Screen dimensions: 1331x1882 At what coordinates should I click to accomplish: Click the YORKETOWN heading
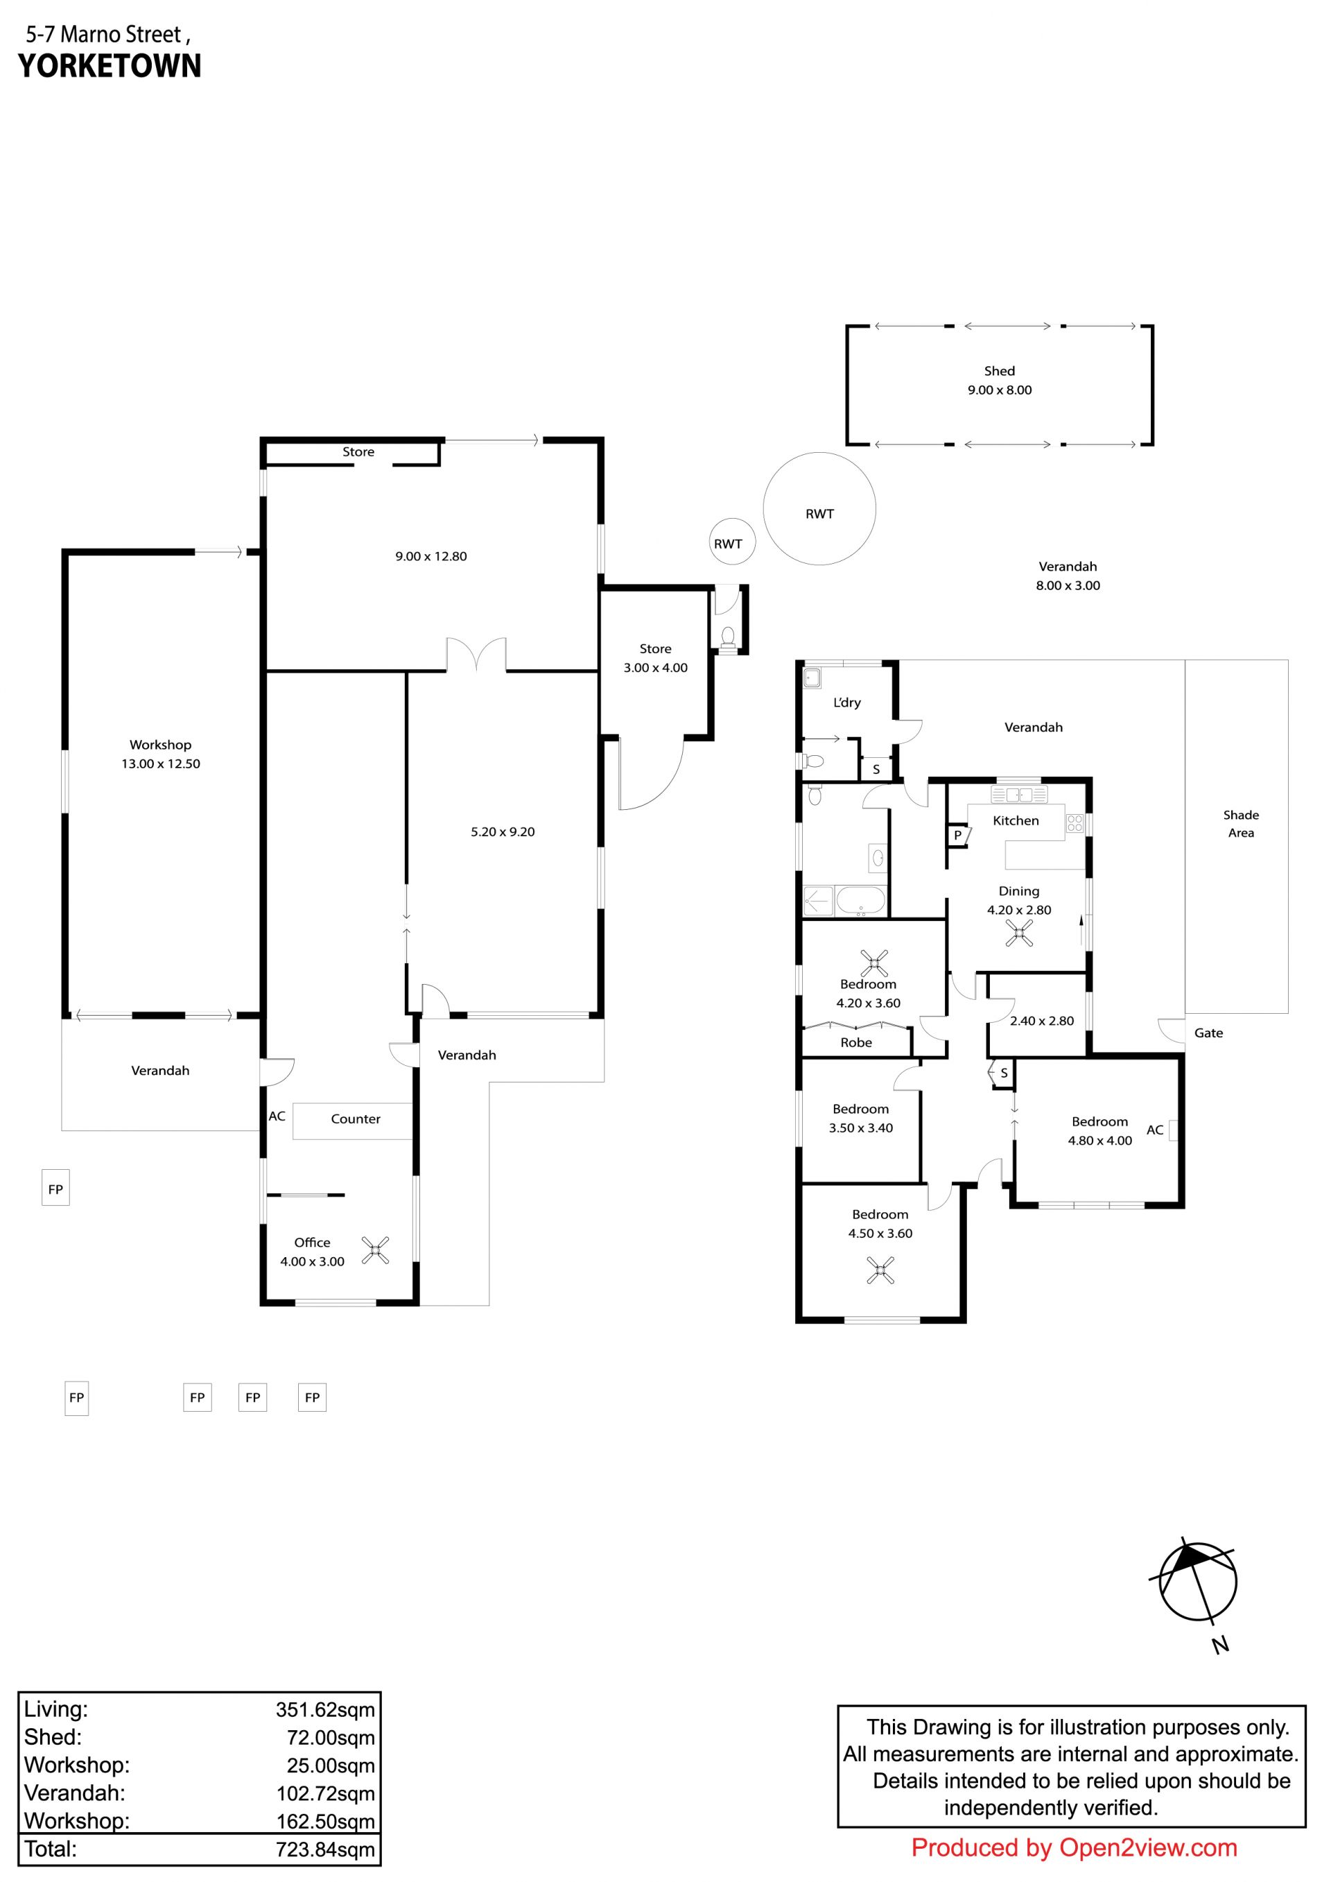coord(110,67)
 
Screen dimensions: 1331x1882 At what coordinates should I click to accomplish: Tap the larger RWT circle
coord(819,454)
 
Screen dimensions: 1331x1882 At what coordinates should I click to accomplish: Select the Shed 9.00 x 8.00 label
coord(999,380)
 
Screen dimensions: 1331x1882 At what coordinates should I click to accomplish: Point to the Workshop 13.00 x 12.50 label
coord(161,754)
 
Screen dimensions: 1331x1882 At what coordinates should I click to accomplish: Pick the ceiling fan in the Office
coord(375,1250)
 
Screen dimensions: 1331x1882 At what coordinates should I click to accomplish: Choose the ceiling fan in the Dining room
coord(1019,933)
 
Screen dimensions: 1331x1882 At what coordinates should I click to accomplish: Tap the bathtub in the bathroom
coord(860,901)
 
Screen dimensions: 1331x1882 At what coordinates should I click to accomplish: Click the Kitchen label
coord(1016,820)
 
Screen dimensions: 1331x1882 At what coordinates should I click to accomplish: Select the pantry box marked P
coord(958,836)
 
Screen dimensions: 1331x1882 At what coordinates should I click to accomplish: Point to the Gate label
coord(1208,1033)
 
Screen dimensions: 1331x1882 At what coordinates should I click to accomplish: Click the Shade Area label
coord(1241,824)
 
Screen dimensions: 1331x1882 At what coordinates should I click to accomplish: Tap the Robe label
coord(855,1043)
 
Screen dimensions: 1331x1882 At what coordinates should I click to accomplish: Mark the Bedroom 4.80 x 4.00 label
coord(1100,1131)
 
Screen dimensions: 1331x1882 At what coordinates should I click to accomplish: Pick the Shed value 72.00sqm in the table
coord(330,1738)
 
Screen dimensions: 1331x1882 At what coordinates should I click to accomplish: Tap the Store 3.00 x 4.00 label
coord(656,658)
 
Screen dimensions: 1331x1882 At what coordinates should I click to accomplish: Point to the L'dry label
coord(846,702)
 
